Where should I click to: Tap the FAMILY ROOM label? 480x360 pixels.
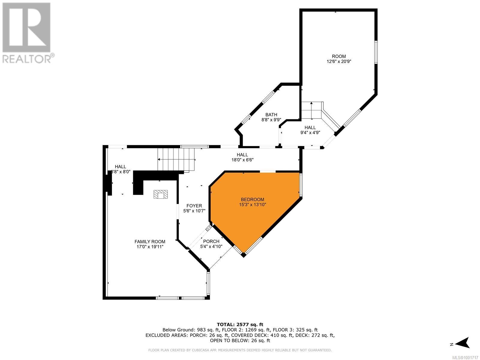coord(150,241)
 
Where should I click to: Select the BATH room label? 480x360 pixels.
coord(271,115)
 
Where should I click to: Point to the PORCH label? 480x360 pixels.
coord(211,241)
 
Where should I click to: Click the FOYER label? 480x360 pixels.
coord(194,206)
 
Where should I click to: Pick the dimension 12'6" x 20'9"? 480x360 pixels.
coord(339,61)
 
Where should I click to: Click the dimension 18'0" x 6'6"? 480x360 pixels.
coord(242,160)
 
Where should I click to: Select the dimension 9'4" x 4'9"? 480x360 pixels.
coord(310,133)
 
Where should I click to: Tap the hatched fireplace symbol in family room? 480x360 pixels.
coord(160,194)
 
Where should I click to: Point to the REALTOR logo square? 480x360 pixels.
coord(26,27)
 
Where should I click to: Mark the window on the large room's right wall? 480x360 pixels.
coord(376,52)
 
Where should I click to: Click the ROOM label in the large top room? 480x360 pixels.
coord(339,56)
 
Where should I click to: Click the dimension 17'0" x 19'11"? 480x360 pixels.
coord(150,247)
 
